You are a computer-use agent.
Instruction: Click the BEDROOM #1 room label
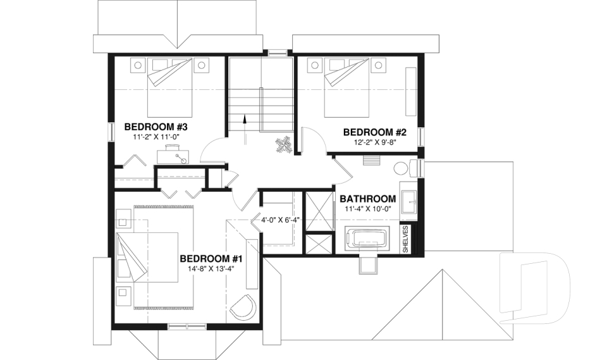(x=211, y=259)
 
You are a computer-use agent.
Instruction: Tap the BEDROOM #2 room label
(x=374, y=132)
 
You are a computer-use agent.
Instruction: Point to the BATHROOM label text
(x=368, y=199)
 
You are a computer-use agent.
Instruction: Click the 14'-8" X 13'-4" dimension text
(x=211, y=269)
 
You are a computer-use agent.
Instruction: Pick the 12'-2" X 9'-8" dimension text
(x=375, y=142)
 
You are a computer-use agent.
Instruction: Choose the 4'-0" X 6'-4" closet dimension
(x=280, y=220)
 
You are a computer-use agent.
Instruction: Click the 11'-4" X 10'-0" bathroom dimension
(x=368, y=209)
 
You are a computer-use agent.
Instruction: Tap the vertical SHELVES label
(x=406, y=239)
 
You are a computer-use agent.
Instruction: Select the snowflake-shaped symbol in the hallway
(x=283, y=146)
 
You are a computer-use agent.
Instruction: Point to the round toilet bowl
(x=402, y=169)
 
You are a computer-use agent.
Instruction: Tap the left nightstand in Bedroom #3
(x=138, y=65)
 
